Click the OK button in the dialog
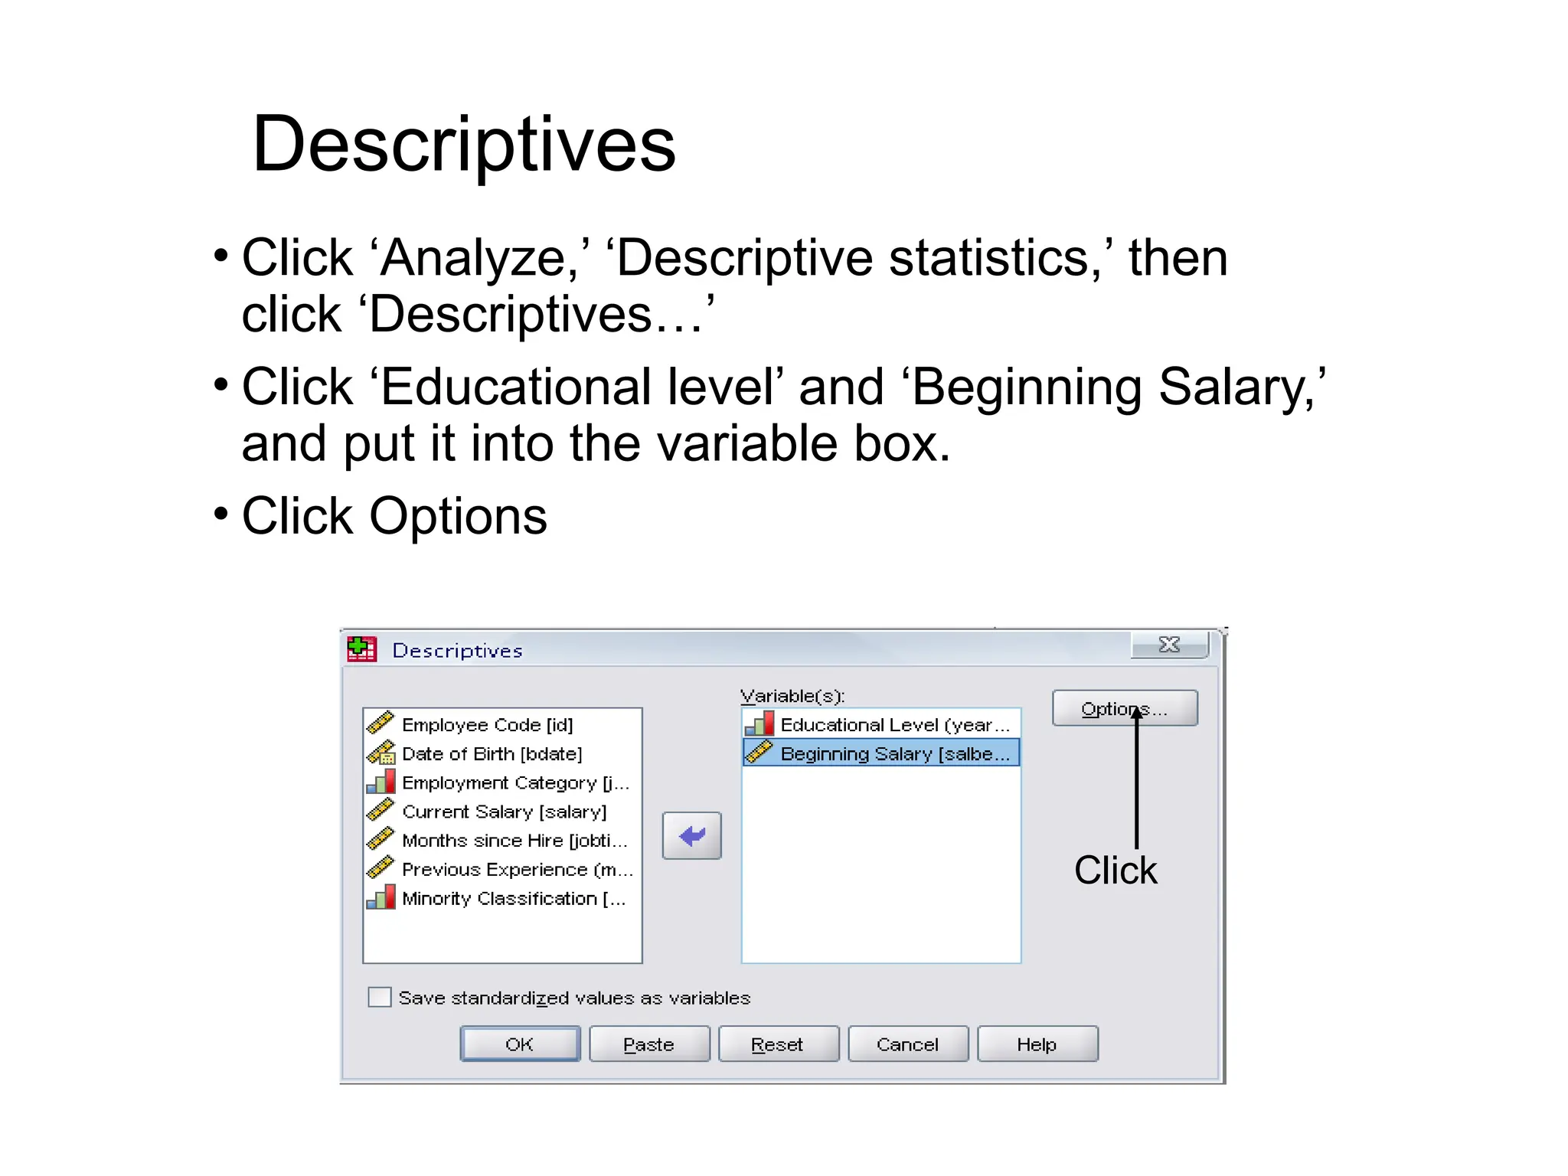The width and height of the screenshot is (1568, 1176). point(519,1044)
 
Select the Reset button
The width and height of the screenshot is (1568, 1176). point(778,1044)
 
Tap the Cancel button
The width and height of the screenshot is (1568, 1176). point(907,1044)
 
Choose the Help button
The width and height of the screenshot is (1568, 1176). point(1037,1044)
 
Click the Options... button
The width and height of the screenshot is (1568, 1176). point(1124,708)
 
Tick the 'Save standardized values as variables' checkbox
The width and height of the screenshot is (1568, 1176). point(380,997)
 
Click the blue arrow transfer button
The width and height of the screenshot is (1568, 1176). point(691,835)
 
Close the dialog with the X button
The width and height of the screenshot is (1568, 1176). point(1169,645)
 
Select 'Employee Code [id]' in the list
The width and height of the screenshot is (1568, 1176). point(487,724)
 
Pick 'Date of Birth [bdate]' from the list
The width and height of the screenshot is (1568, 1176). point(492,753)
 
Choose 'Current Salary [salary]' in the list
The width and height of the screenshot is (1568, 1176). point(504,812)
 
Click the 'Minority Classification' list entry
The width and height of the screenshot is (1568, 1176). point(513,898)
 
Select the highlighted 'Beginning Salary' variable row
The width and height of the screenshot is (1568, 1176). point(894,753)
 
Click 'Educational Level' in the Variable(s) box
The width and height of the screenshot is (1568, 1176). point(894,724)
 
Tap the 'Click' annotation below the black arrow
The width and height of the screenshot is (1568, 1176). point(1116,871)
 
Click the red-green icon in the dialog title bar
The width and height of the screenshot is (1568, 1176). point(362,648)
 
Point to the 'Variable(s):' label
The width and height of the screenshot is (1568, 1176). point(792,696)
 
